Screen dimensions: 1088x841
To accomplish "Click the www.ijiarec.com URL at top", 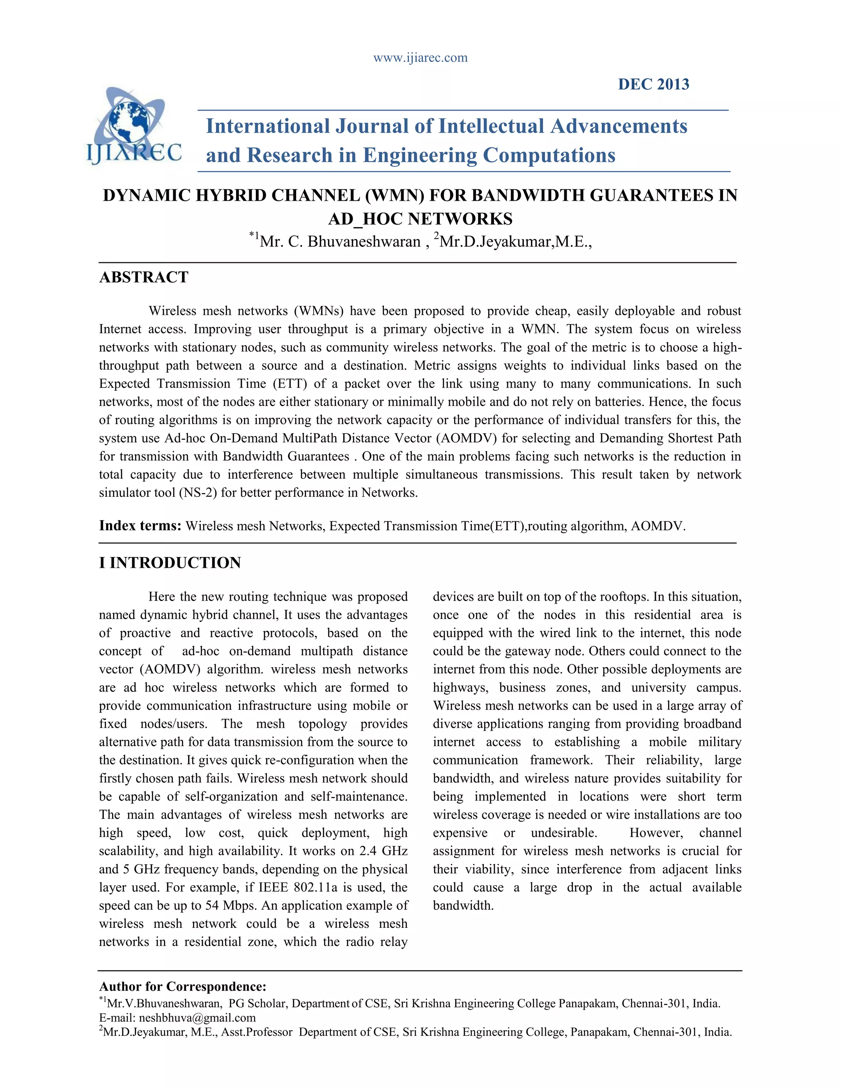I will [x=420, y=58].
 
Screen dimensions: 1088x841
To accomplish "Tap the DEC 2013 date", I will [x=653, y=84].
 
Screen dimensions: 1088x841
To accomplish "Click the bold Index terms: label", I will [x=140, y=526].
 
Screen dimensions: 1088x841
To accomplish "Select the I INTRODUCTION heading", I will [x=170, y=562].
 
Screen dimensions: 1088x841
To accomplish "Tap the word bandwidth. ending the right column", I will [x=463, y=906].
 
